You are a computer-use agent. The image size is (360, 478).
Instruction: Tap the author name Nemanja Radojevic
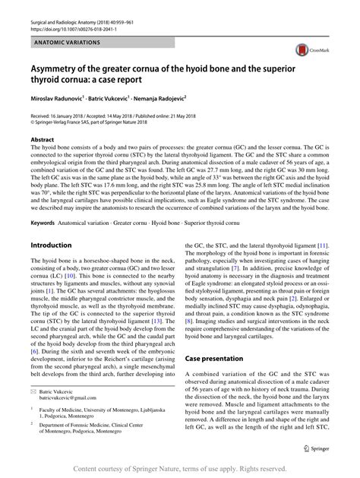[171, 100]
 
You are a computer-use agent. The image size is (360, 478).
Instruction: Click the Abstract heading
[43, 141]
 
